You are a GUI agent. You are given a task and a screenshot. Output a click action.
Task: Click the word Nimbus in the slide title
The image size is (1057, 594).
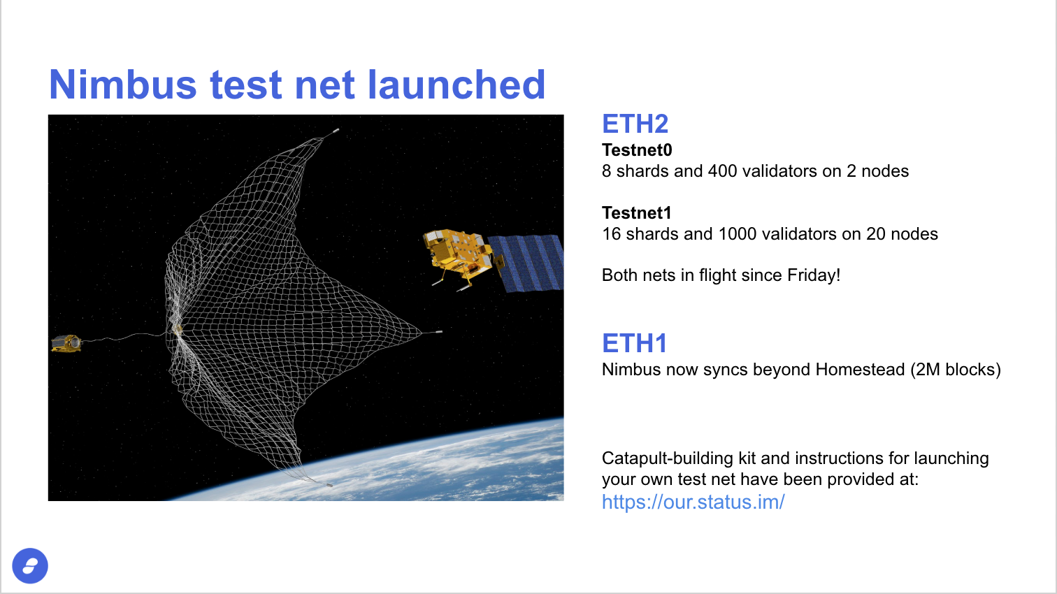[x=123, y=85]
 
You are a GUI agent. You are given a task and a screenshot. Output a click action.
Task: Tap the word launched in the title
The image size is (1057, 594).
[x=456, y=85]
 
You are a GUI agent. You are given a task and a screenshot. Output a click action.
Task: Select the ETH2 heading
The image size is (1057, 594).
[x=635, y=124]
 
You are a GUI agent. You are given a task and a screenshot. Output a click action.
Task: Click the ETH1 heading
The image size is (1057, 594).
[x=634, y=343]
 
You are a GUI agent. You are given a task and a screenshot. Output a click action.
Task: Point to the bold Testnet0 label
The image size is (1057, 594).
[x=637, y=150]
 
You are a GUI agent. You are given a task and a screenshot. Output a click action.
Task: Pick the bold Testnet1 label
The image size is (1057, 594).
[x=637, y=212]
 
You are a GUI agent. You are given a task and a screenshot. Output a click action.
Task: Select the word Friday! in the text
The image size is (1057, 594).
[x=814, y=275]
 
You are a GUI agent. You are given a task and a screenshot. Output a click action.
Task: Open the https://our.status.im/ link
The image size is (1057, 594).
[x=693, y=502]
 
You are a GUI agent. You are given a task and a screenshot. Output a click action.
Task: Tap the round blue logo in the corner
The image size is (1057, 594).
[x=30, y=565]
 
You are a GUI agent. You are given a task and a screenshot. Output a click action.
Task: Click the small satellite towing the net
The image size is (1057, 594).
[x=66, y=343]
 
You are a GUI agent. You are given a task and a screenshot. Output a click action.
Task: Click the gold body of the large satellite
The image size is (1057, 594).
[x=457, y=252]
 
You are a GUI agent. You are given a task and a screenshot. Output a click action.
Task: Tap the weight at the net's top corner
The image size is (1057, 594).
[x=336, y=131]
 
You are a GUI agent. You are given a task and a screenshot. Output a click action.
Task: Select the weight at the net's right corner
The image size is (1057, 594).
[x=438, y=332]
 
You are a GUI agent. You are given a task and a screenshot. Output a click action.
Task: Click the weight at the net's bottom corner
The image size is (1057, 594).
[x=329, y=484]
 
